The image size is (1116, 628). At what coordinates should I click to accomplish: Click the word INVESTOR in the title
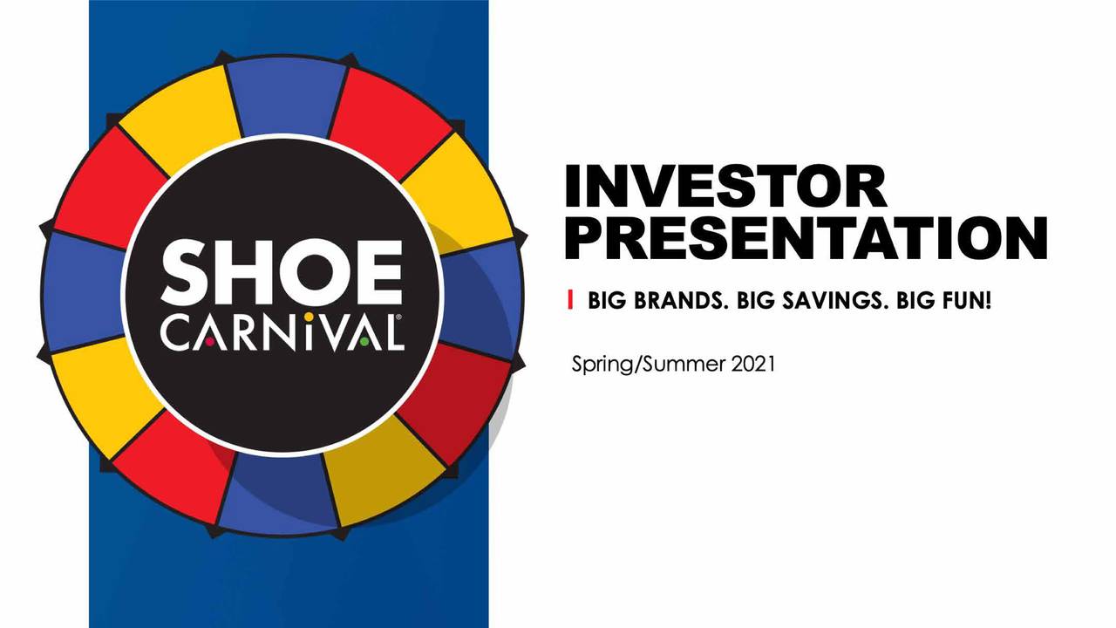(x=725, y=187)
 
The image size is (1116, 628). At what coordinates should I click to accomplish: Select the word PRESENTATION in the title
(x=805, y=236)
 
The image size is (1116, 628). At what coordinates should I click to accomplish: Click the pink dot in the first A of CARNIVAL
(x=210, y=341)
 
